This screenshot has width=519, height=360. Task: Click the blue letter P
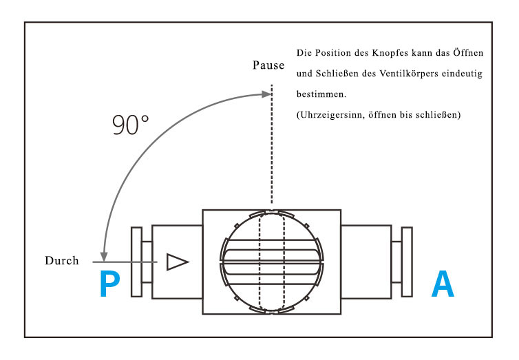(x=109, y=284)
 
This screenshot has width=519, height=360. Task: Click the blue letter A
(x=443, y=284)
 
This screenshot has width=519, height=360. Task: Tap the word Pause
(x=268, y=65)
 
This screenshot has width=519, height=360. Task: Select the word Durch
(x=62, y=260)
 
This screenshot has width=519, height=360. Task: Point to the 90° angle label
(x=130, y=125)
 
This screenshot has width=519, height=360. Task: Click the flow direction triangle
(x=178, y=262)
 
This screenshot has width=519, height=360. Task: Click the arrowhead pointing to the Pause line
(x=266, y=94)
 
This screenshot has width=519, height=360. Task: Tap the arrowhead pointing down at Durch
(x=104, y=257)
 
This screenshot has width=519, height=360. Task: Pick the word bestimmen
(x=321, y=94)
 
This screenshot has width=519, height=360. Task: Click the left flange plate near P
(x=137, y=262)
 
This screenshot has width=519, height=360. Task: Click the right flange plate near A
(x=407, y=262)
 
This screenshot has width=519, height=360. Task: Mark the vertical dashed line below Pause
(x=272, y=144)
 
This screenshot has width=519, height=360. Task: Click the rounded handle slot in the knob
(x=272, y=262)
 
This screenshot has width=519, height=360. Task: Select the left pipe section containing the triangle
(x=177, y=262)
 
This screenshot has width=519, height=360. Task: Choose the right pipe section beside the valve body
(x=366, y=262)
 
